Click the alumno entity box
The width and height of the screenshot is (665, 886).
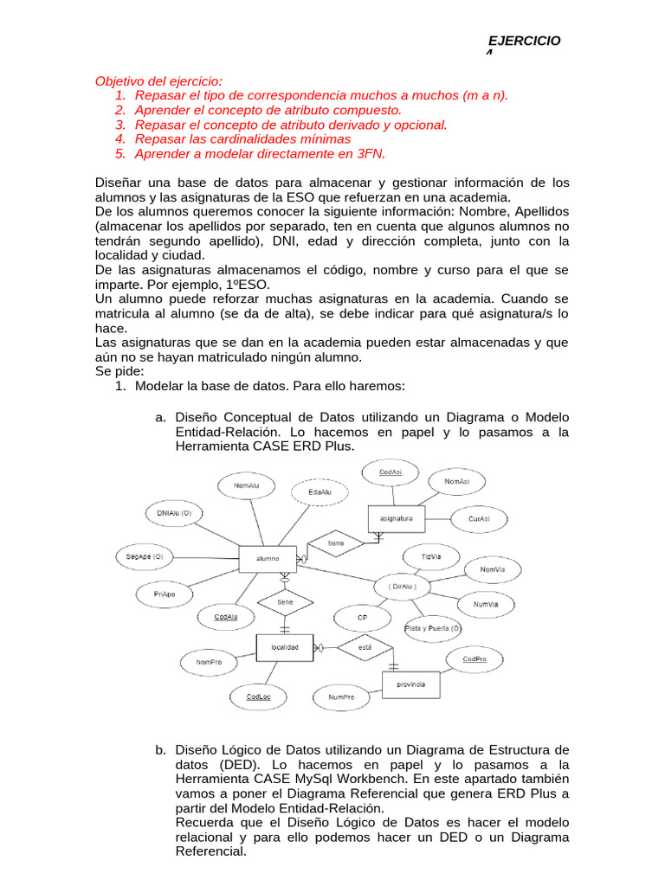click(268, 559)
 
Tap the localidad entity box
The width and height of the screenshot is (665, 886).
click(285, 647)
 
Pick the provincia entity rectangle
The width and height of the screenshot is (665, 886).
click(410, 684)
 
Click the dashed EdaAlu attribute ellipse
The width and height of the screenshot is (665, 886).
click(320, 492)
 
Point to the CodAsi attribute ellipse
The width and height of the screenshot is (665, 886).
click(390, 472)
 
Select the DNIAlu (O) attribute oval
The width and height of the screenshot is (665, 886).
click(174, 514)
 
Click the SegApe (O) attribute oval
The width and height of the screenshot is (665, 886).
click(145, 556)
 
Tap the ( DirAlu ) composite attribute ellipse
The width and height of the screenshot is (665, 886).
click(403, 587)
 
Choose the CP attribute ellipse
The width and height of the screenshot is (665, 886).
click(363, 618)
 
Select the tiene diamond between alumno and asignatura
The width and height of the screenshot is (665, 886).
click(335, 543)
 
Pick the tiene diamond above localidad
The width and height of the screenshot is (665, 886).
click(285, 601)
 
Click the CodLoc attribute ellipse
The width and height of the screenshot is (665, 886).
click(258, 697)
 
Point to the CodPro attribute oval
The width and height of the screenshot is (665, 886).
click(475, 659)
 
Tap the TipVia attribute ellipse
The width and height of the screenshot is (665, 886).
click(430, 557)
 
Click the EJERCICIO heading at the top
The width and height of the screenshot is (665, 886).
click(525, 42)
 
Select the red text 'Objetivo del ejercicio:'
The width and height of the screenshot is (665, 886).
click(152, 81)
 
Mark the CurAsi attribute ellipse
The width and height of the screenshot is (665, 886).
click(479, 519)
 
